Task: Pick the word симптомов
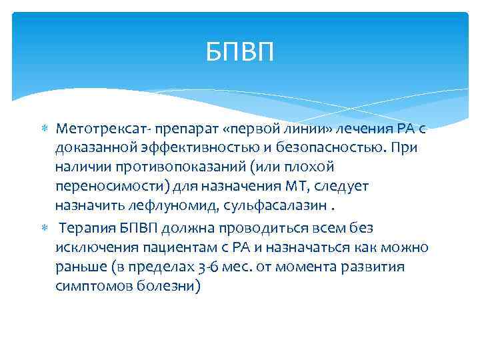pos(85,287)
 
